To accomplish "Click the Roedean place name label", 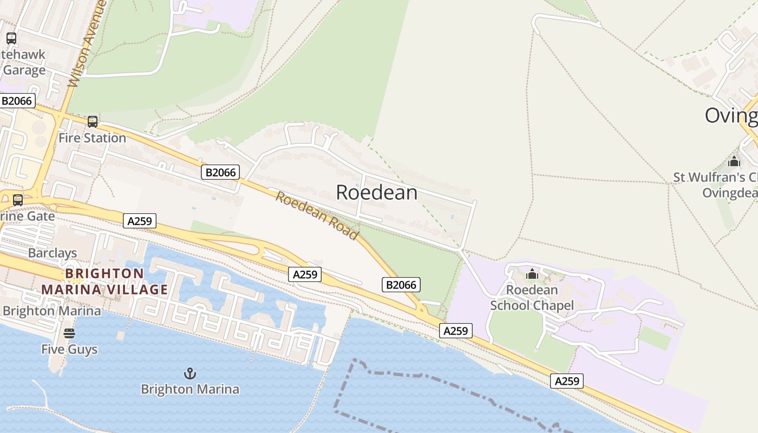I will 376,192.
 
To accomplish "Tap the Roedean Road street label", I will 317,215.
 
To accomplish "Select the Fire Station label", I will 92,138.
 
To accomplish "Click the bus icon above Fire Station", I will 93,122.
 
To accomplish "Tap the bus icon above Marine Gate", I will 18,200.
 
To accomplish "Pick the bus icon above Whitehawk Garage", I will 11,38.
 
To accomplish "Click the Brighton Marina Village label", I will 104,281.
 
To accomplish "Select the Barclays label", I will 53,253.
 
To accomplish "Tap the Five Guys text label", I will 69,349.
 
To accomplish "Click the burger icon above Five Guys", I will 69,333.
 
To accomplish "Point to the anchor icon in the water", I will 190,373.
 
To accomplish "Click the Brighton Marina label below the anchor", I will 190,389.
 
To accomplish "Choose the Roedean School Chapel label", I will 532,298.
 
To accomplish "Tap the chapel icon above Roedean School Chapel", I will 532,274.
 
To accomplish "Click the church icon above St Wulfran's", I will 734,161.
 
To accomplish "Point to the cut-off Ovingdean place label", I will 731,115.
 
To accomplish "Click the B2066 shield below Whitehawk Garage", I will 17,101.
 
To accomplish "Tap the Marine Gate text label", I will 27,216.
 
